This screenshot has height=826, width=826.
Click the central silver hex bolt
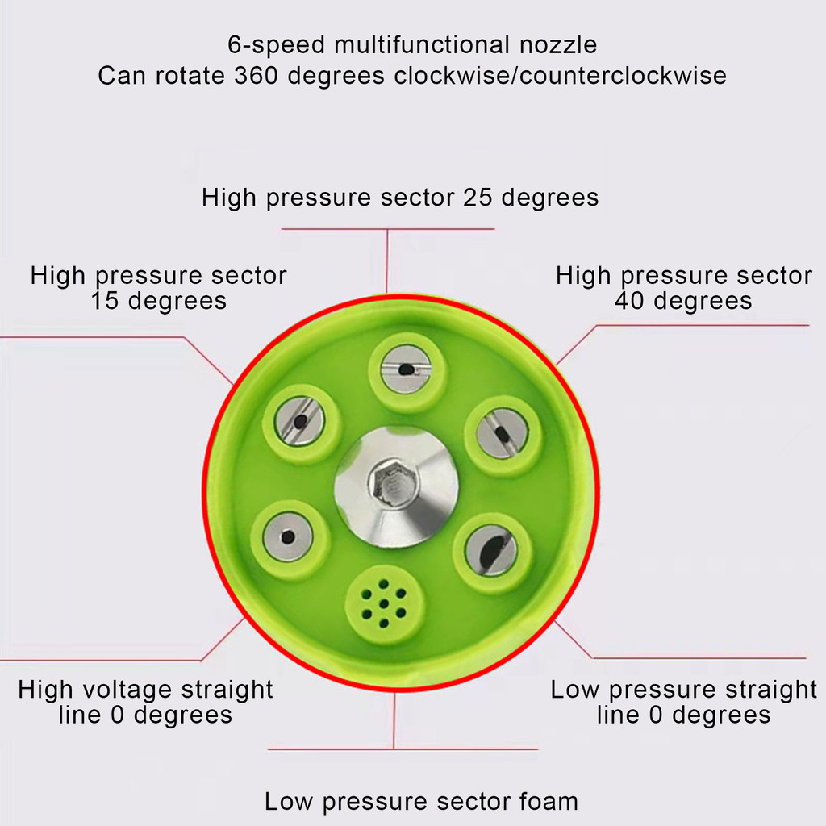click(x=394, y=486)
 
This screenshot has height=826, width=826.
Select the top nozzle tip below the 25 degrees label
click(x=405, y=369)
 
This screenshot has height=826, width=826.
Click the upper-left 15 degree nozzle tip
click(x=299, y=421)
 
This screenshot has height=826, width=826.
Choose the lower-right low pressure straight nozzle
click(x=490, y=551)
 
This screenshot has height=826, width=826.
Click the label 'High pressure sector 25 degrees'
click(x=400, y=198)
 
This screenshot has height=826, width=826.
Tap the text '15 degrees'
click(x=158, y=301)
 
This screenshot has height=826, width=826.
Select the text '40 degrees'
click(x=683, y=301)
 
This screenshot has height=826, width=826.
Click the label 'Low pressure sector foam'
click(x=421, y=802)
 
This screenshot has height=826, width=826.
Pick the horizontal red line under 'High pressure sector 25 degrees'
click(x=387, y=229)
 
